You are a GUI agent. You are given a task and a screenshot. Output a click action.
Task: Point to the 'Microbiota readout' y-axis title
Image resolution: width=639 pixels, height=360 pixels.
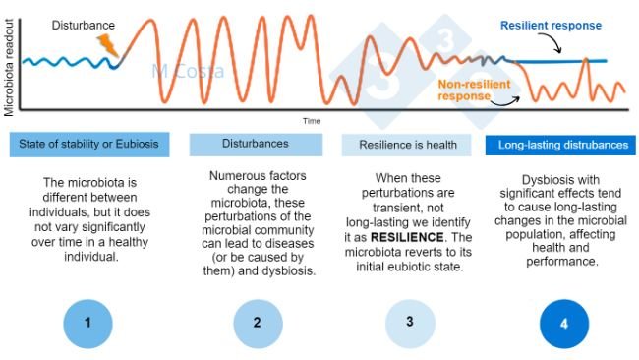(x=8, y=59)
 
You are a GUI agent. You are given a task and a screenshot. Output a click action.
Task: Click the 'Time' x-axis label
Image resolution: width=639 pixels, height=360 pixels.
(x=312, y=120)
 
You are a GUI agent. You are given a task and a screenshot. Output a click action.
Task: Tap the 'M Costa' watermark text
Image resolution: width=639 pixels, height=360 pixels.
(x=188, y=72)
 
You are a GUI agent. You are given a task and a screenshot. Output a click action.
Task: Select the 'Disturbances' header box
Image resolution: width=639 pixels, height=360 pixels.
(x=255, y=144)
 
